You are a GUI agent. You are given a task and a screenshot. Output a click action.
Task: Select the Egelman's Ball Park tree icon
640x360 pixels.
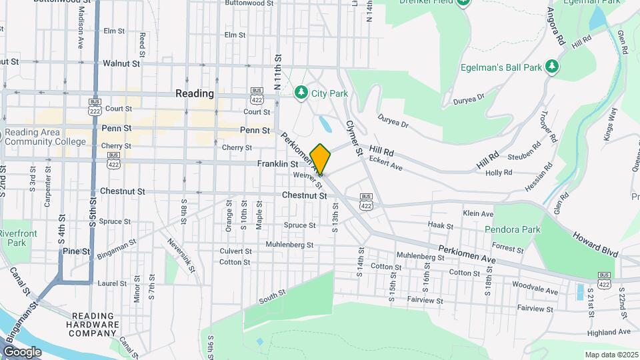tap(551, 67)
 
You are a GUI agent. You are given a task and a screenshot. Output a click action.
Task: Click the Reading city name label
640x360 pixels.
tap(195, 93)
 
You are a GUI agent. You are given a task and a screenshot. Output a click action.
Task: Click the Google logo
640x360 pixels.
tap(23, 351)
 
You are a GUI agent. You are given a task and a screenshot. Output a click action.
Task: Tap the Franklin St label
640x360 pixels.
tap(277, 163)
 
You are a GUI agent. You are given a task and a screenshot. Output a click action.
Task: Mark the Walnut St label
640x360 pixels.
tap(121, 63)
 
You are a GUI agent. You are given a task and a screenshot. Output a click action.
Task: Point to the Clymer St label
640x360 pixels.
tap(353, 138)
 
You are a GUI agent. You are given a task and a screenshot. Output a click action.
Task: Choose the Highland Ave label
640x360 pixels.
tap(609, 331)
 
